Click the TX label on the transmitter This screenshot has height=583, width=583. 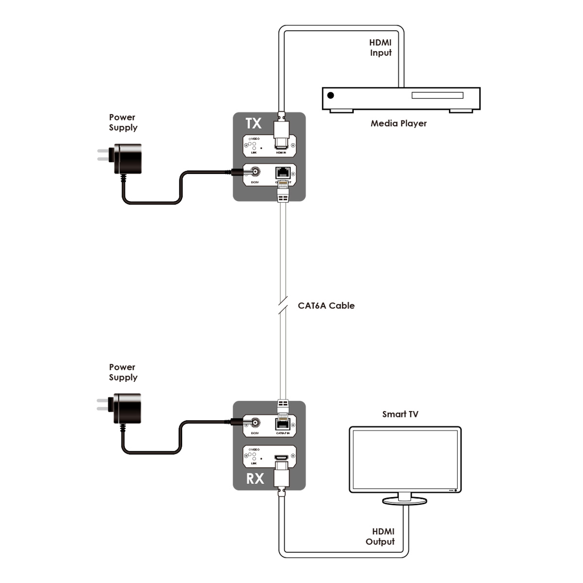click(254, 123)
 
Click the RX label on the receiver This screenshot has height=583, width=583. click(255, 479)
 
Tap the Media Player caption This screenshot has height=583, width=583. click(398, 123)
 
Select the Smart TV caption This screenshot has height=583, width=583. click(400, 414)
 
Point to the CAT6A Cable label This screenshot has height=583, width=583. click(326, 306)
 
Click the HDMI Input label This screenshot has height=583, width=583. click(380, 48)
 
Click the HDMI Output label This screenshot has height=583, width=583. click(380, 536)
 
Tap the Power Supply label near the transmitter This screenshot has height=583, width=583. click(123, 122)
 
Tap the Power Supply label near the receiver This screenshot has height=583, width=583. click(123, 373)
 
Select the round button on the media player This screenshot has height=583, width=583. click(331, 95)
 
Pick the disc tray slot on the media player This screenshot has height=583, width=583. click(437, 95)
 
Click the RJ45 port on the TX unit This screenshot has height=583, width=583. click(282, 172)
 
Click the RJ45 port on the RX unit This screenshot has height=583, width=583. click(282, 423)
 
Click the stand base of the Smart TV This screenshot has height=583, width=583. click(404, 501)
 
